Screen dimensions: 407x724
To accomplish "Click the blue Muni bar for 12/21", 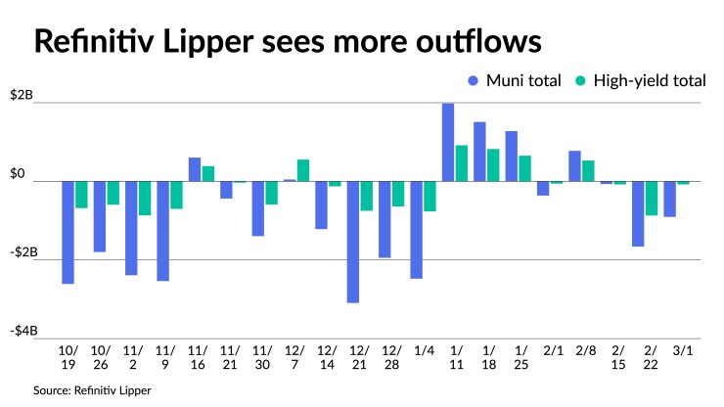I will point(352,242).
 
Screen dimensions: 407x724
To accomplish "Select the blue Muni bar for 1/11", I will point(448,142).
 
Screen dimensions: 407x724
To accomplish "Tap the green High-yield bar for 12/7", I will point(303,170).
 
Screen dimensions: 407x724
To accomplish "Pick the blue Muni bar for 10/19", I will point(68,232).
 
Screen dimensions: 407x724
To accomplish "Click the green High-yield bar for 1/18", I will point(493,165).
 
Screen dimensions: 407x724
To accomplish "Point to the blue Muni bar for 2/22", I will point(638,213).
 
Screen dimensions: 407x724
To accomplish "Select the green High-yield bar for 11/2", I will point(145,198).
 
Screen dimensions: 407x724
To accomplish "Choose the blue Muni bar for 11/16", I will point(195,169).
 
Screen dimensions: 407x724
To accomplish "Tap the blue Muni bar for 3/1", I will point(669,199).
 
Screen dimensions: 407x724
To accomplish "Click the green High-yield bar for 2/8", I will point(588,171).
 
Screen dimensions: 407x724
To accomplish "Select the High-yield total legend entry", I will point(641,81).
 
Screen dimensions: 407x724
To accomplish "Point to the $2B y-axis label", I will point(22,96).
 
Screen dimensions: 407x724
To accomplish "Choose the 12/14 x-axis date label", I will point(328,356).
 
